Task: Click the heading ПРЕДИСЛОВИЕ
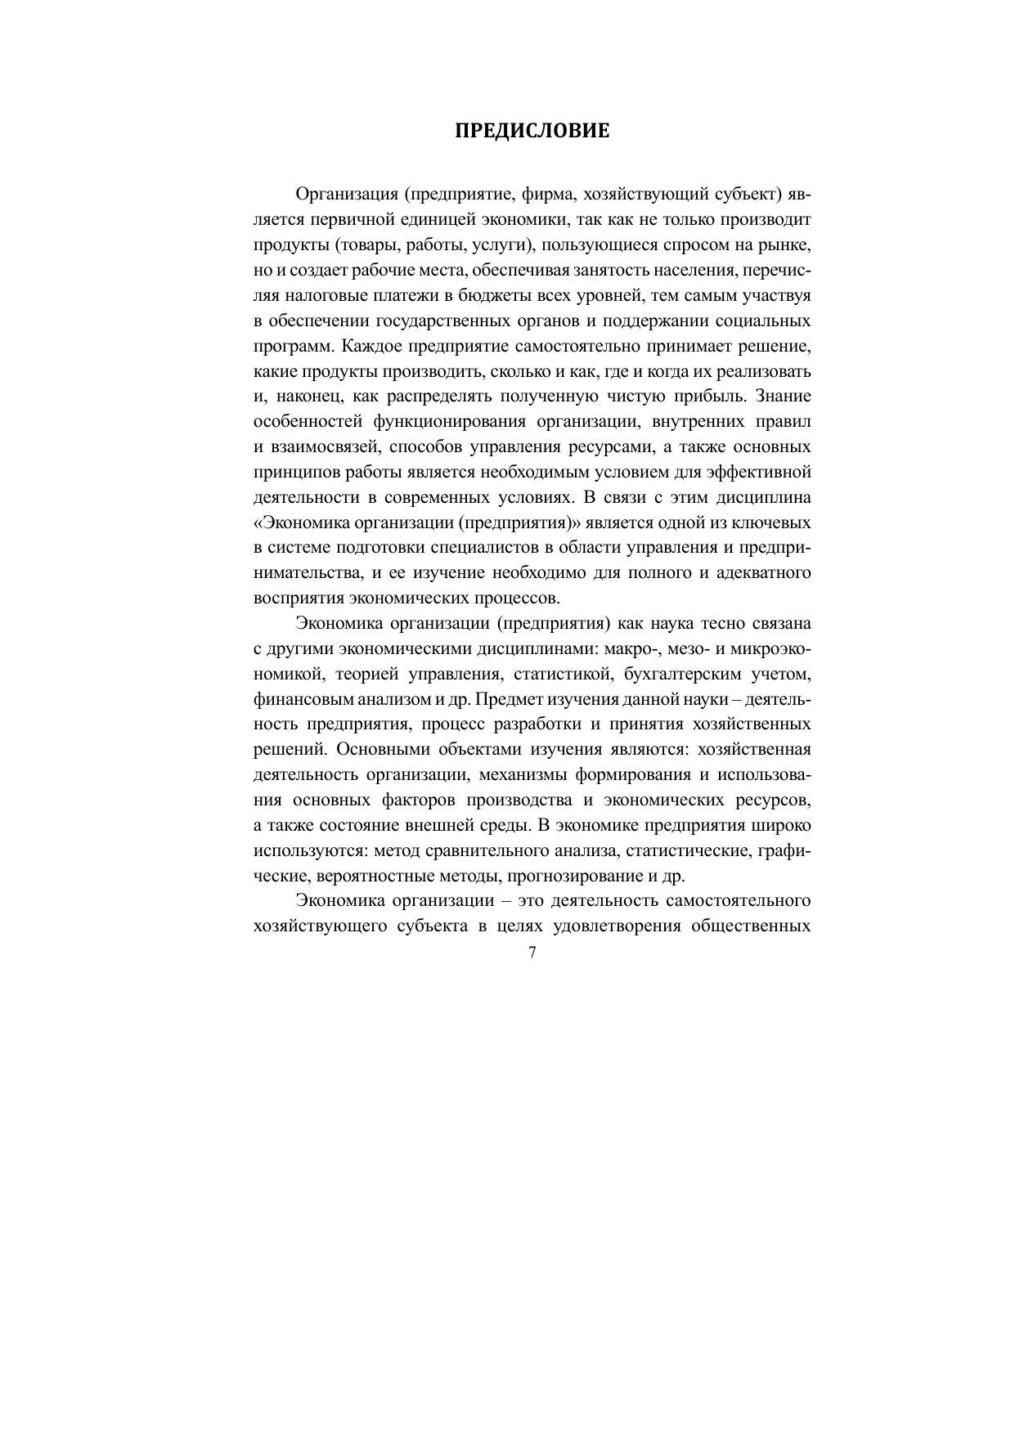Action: click(532, 131)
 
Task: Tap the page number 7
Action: click(532, 953)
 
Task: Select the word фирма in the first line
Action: click(549, 195)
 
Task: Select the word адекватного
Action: click(763, 572)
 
